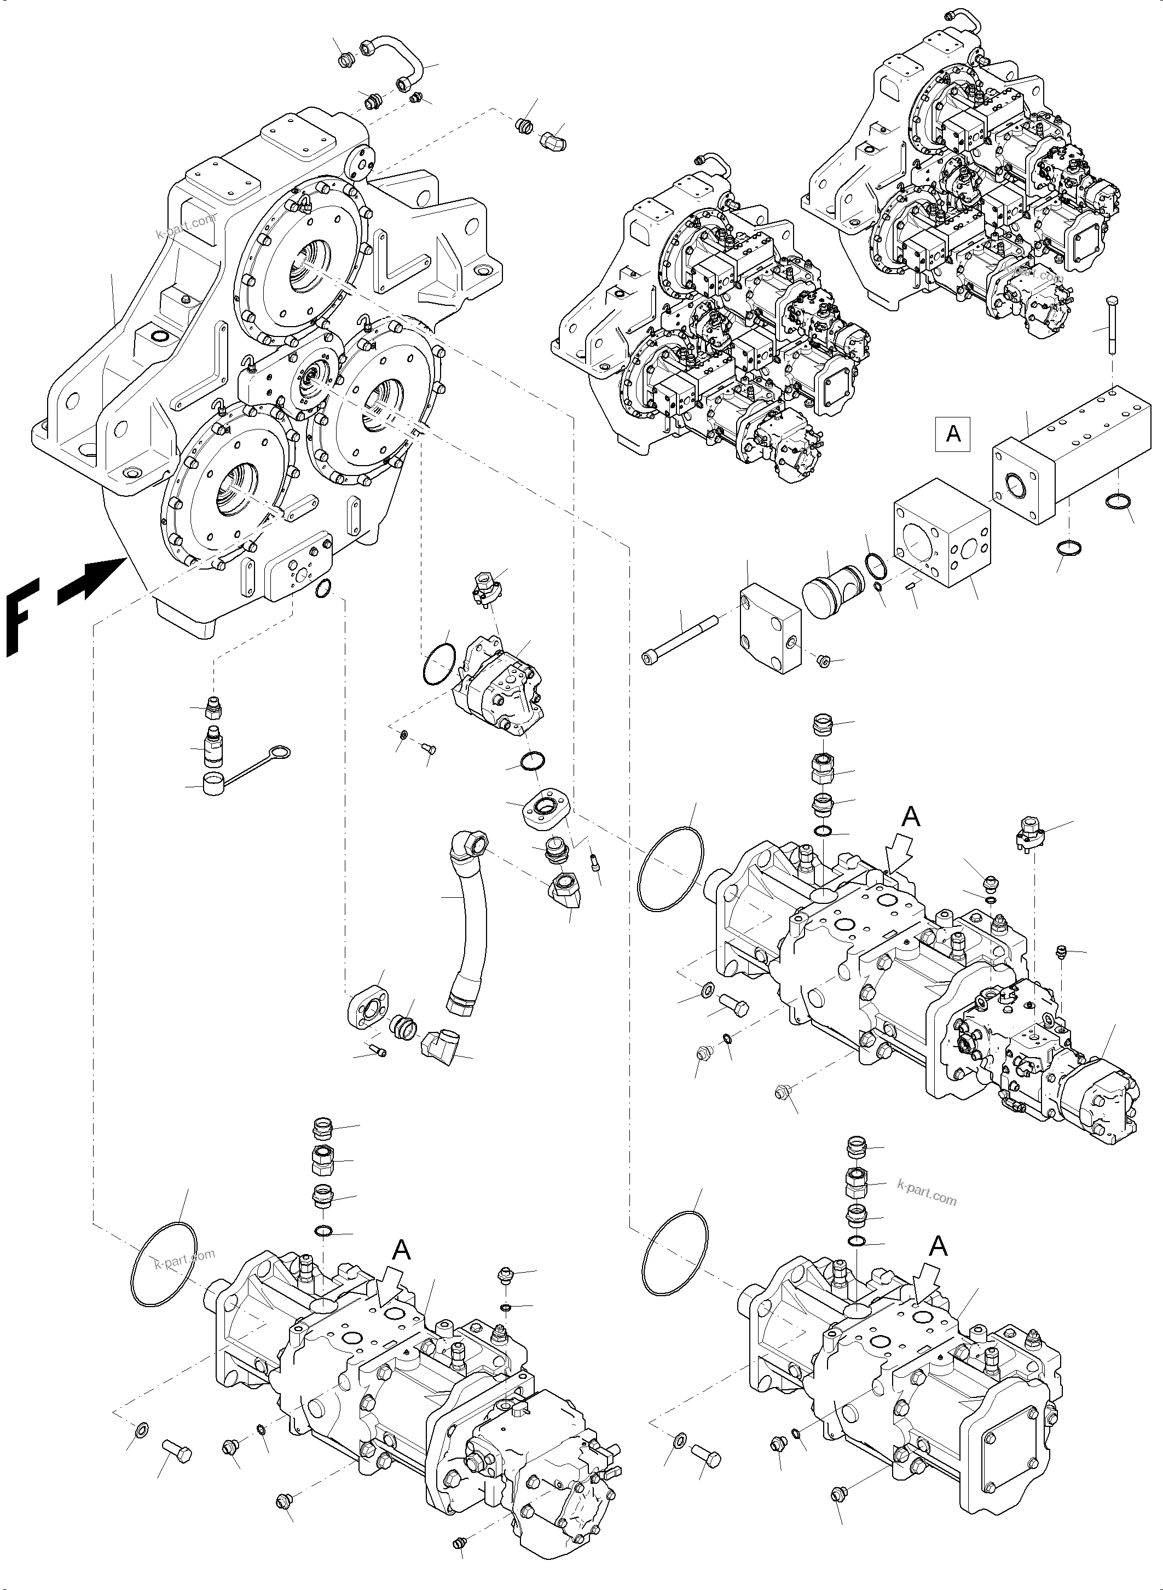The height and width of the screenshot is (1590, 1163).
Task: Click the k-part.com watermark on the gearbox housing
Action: (x=185, y=228)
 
